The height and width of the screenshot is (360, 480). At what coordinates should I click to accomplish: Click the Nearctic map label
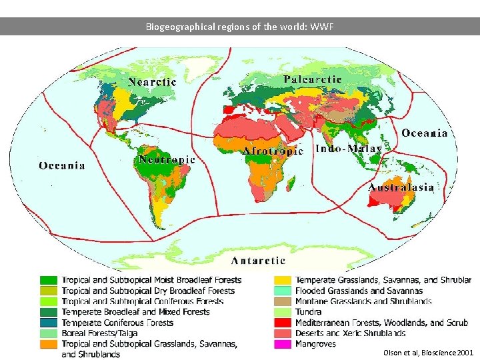click(x=152, y=82)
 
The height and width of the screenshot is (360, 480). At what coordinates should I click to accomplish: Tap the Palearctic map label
click(x=313, y=79)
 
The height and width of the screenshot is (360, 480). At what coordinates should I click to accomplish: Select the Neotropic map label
click(x=167, y=160)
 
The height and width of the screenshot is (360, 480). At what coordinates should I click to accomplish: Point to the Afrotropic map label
click(x=273, y=151)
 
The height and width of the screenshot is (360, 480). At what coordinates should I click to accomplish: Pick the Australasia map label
click(x=401, y=187)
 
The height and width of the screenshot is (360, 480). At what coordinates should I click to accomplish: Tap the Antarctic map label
click(x=258, y=261)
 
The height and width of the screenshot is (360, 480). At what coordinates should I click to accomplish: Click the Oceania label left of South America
click(x=62, y=165)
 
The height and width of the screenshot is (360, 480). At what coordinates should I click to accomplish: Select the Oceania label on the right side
click(x=425, y=133)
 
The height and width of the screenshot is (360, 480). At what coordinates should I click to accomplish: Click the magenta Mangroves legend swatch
click(x=283, y=344)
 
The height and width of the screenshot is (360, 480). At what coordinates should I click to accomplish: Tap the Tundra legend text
click(x=308, y=312)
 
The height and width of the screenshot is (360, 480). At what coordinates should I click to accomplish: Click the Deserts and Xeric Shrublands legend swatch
click(x=283, y=333)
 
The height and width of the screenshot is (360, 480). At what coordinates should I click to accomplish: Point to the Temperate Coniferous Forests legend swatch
click(x=49, y=323)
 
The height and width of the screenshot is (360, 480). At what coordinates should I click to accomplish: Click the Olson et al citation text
click(x=429, y=352)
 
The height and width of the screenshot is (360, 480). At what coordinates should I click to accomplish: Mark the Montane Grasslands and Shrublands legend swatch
click(x=283, y=301)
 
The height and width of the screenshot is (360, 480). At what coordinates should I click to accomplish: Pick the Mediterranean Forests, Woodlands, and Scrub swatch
click(x=283, y=323)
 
